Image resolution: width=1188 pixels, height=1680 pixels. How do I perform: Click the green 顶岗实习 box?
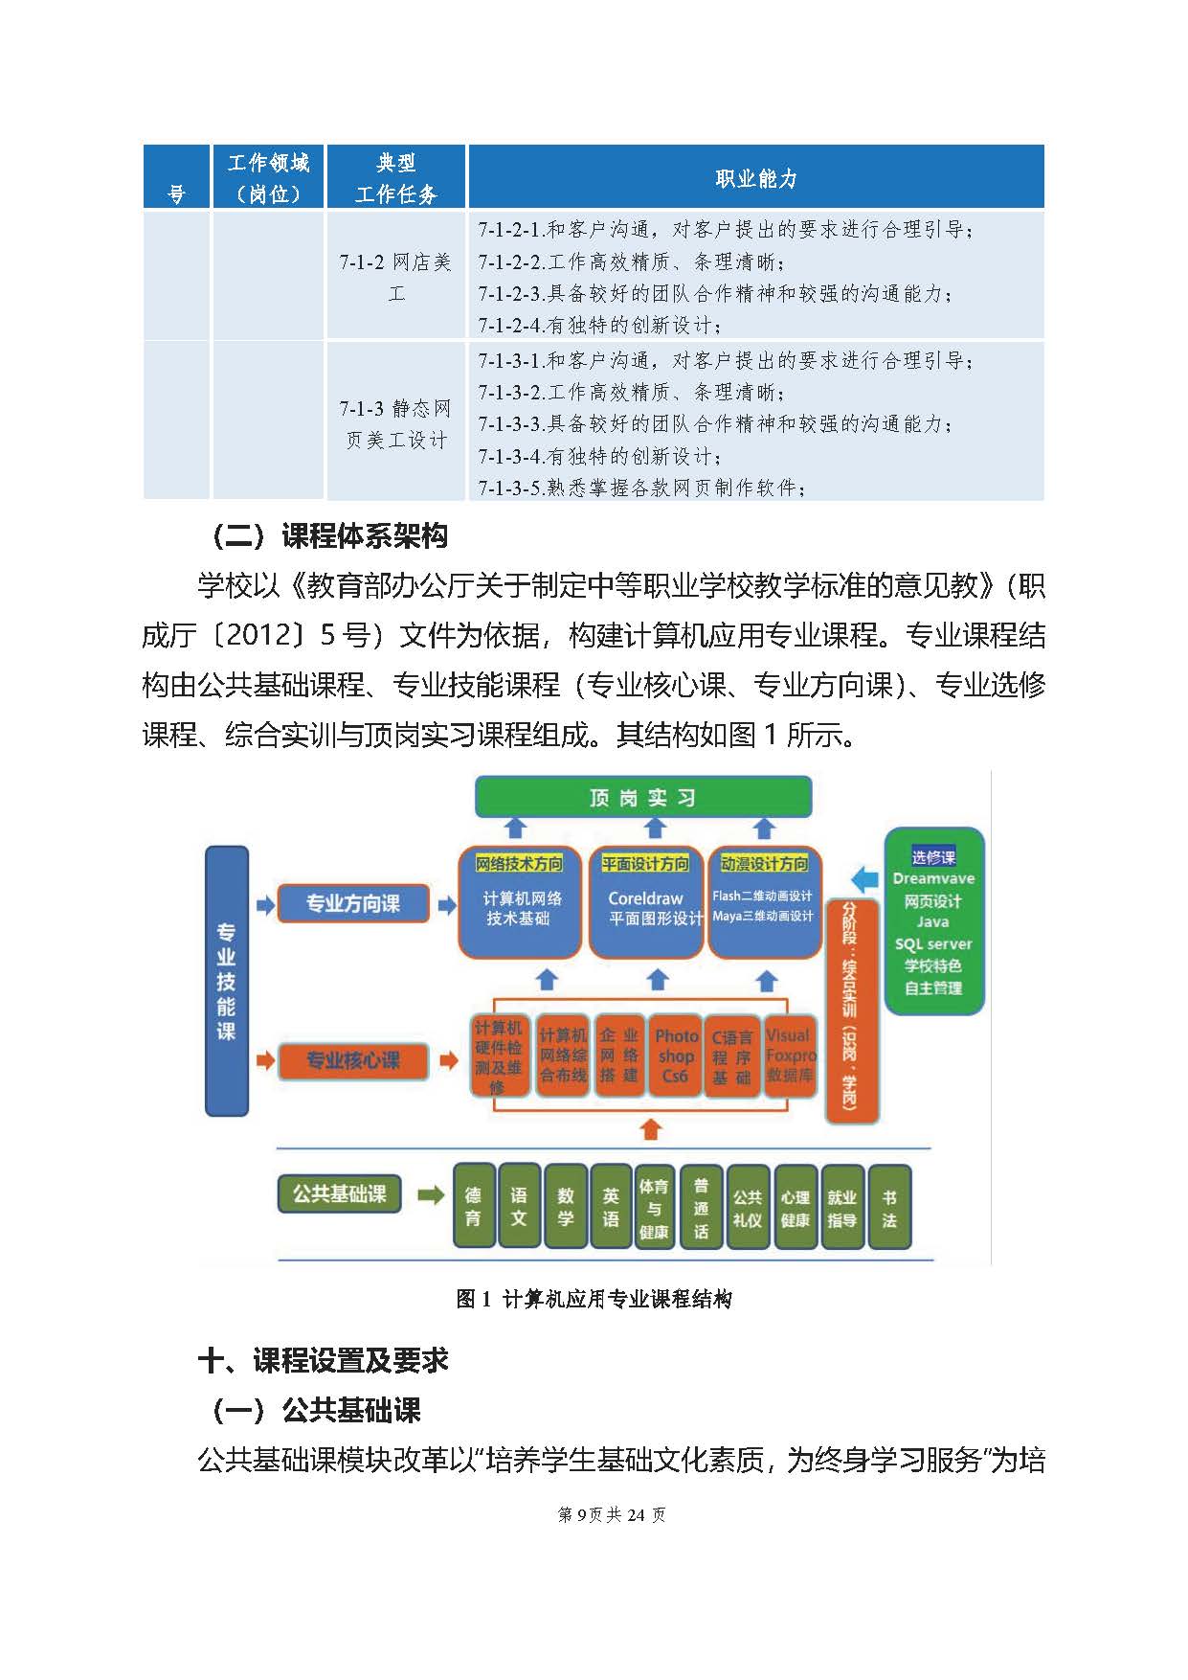click(x=643, y=797)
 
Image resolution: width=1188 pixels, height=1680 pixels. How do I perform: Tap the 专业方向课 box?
click(x=352, y=903)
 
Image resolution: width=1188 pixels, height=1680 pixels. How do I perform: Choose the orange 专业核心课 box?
click(x=352, y=1060)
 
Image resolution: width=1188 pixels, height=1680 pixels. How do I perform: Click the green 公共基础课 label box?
click(x=339, y=1194)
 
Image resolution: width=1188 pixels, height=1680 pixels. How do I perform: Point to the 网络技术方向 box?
click(x=519, y=901)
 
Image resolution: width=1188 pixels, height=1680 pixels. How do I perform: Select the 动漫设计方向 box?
click(x=763, y=901)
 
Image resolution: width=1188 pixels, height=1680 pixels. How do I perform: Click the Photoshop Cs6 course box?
click(x=676, y=1056)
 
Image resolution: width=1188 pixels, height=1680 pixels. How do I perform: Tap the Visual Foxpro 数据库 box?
click(x=790, y=1056)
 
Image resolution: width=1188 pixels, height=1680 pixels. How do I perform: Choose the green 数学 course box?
click(x=566, y=1207)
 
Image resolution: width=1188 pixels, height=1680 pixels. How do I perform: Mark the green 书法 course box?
click(x=889, y=1207)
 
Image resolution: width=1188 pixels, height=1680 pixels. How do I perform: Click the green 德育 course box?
click(x=473, y=1207)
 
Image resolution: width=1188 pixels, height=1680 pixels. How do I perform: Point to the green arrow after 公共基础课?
click(x=432, y=1194)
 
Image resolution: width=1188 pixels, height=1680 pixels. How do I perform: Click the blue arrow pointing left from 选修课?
click(x=864, y=877)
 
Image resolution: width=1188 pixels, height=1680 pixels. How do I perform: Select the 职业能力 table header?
click(x=755, y=177)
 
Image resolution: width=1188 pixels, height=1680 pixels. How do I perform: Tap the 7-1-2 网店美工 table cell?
click(x=395, y=277)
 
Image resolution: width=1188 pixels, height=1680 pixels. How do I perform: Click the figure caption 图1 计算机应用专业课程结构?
click(x=594, y=1299)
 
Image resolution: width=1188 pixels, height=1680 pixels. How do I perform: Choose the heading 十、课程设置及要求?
click(x=323, y=1360)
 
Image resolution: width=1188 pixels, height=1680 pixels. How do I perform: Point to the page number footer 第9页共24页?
click(x=612, y=1514)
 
